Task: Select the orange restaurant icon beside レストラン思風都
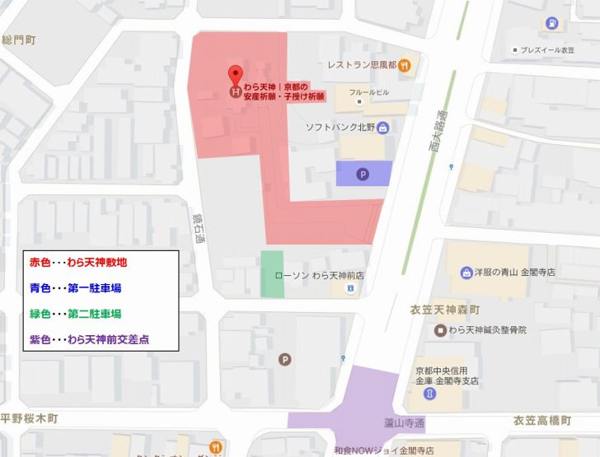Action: (x=404, y=65)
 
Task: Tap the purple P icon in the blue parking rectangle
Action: (x=363, y=174)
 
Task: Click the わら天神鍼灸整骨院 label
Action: (x=486, y=330)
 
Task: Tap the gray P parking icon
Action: (x=285, y=359)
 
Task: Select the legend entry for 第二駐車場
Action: (x=76, y=314)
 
